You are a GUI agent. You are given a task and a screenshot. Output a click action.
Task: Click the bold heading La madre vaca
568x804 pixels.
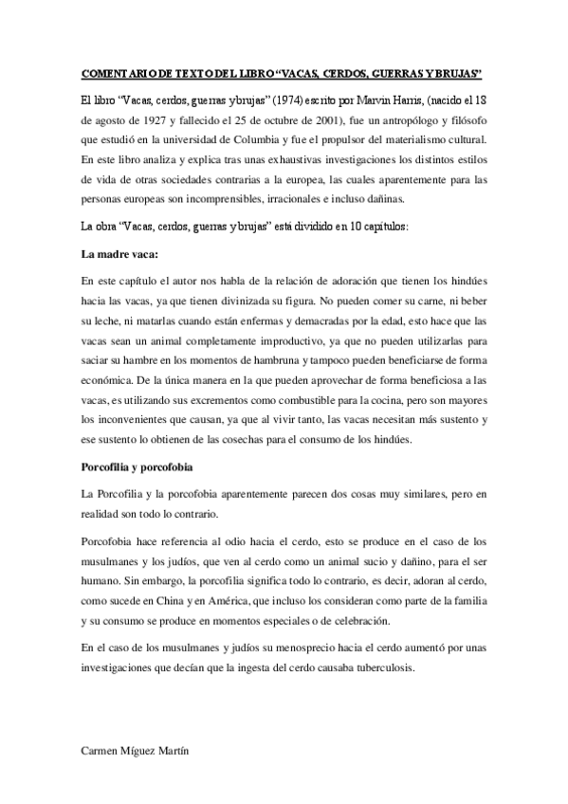[x=120, y=255]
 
